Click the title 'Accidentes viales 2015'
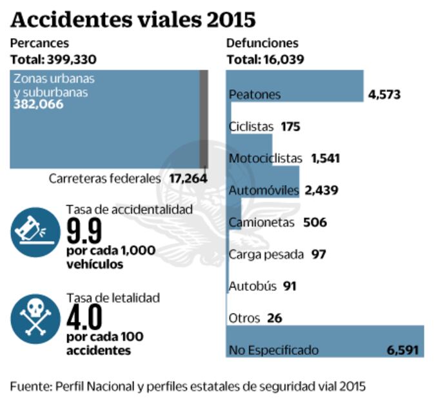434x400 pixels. [133, 19]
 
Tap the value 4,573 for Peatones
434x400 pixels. [384, 94]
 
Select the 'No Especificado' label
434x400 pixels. [273, 350]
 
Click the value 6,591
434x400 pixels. [403, 350]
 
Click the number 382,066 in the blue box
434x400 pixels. [39, 105]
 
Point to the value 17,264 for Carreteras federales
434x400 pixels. [188, 178]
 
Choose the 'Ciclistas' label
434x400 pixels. [252, 126]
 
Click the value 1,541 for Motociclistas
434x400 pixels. [325, 158]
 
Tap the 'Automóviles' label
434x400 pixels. [264, 190]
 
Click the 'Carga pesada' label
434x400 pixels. [266, 254]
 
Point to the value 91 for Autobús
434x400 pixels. [290, 286]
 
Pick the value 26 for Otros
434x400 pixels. [274, 318]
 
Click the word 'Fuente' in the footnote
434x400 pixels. [28, 386]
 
